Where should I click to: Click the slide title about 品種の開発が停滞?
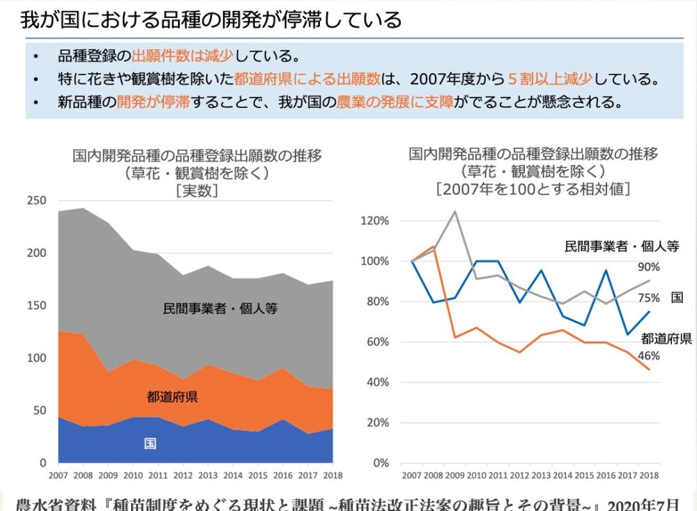pos(210,19)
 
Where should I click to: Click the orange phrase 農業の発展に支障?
pos(394,102)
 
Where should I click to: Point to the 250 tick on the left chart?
pos(36,201)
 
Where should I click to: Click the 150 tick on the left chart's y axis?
pos(36,306)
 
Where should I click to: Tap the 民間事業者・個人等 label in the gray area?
pos(220,308)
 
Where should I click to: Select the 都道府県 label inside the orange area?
pos(172,398)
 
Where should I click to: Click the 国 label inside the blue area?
pos(150,443)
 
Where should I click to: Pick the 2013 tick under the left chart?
pos(208,475)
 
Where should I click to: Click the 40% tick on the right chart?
pos(376,382)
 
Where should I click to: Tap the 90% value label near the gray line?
pos(648,267)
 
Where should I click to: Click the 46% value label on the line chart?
pos(648,356)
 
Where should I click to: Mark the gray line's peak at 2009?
pos(454,212)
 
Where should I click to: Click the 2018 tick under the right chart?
pos(649,475)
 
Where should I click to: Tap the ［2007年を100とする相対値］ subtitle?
pos(533,188)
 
